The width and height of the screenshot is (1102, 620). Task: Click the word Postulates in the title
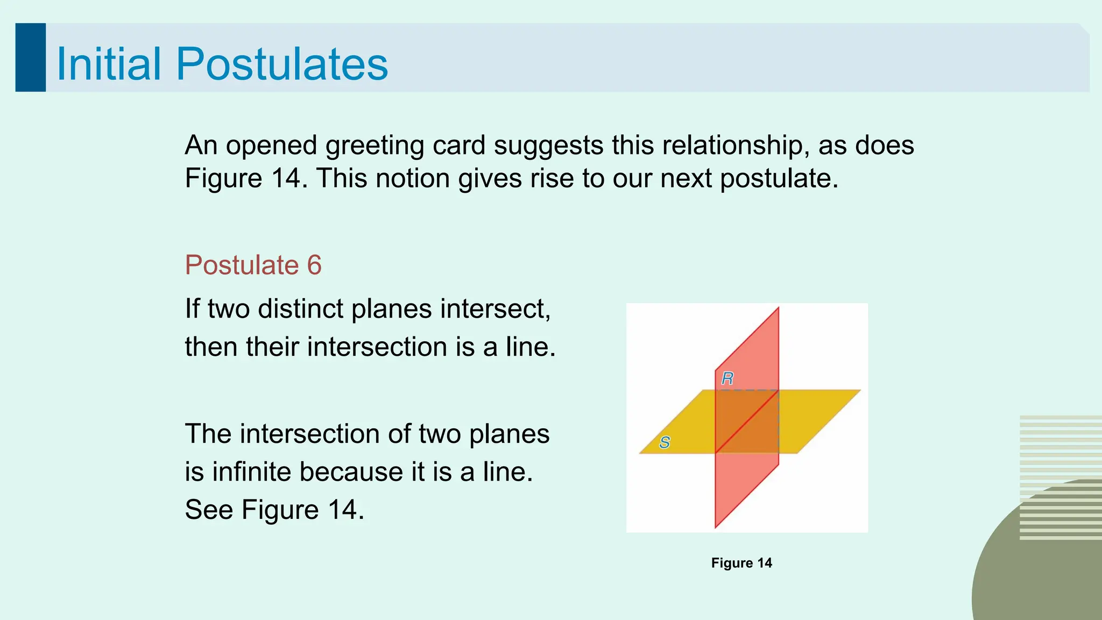point(281,64)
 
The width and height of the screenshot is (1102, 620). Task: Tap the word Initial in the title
point(109,64)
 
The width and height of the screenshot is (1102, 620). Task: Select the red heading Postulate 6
point(253,265)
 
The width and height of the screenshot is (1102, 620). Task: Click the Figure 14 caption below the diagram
point(741,563)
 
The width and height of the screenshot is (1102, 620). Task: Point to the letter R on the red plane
point(727,379)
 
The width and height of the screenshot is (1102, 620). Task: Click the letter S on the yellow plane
point(665,442)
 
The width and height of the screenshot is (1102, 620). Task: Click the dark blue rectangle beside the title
point(30,58)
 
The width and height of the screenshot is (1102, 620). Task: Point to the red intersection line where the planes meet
point(747,422)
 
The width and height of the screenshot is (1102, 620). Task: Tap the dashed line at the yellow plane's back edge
point(747,390)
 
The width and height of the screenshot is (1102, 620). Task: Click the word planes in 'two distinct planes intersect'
point(391,309)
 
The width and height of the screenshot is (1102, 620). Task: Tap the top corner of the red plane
point(778,308)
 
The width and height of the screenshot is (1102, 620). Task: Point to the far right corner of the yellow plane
point(860,390)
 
